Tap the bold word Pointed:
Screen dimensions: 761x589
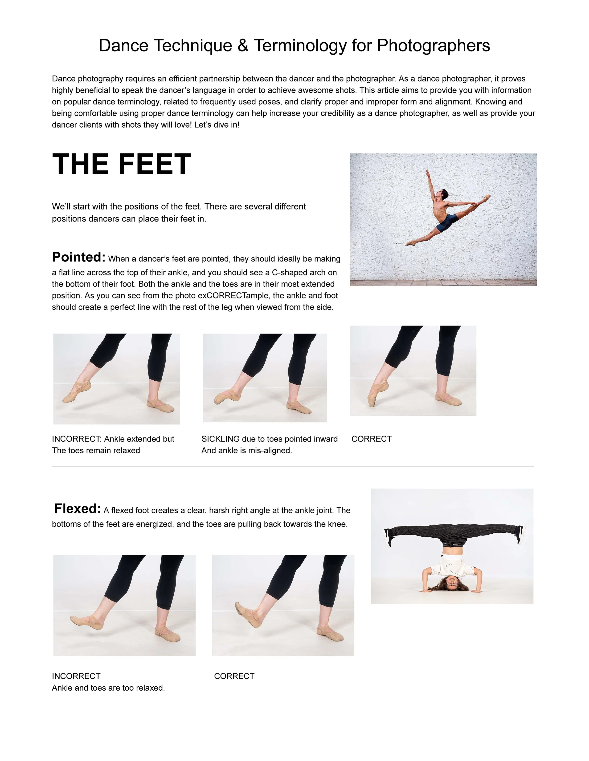tap(78, 257)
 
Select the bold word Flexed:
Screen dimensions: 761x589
tap(78, 509)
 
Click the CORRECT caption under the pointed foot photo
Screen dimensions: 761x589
tap(371, 439)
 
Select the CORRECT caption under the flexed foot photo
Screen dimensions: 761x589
tap(234, 676)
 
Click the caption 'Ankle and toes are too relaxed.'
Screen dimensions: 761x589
tap(108, 688)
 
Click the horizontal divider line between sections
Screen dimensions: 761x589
tap(293, 466)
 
